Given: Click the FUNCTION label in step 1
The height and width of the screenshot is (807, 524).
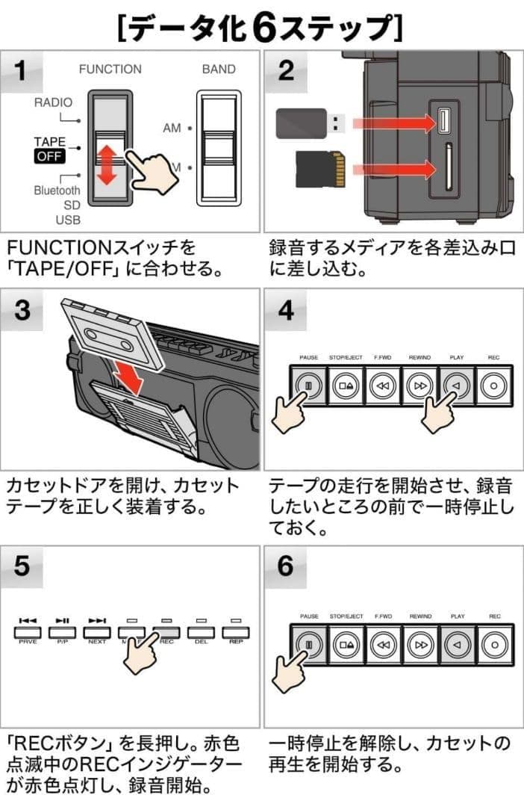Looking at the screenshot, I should click(x=110, y=69).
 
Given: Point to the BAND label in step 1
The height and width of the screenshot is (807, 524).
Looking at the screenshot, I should click(x=218, y=69).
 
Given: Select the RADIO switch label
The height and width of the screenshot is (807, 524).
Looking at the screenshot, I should click(x=53, y=103).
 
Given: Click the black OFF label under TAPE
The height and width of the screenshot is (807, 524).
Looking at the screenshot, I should click(x=49, y=156).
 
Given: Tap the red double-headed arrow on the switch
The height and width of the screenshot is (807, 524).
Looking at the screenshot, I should click(x=108, y=165).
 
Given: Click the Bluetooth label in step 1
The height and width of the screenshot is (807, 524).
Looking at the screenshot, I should click(x=57, y=191).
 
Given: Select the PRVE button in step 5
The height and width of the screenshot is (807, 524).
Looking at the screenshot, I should click(x=28, y=634).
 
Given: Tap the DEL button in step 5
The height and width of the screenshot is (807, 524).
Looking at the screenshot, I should click(x=200, y=634).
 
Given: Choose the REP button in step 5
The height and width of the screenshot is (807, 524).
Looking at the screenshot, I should click(x=236, y=634).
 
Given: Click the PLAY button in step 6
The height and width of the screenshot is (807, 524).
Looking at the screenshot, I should click(x=457, y=643).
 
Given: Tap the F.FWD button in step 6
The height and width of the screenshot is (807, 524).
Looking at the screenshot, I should click(x=383, y=643).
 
